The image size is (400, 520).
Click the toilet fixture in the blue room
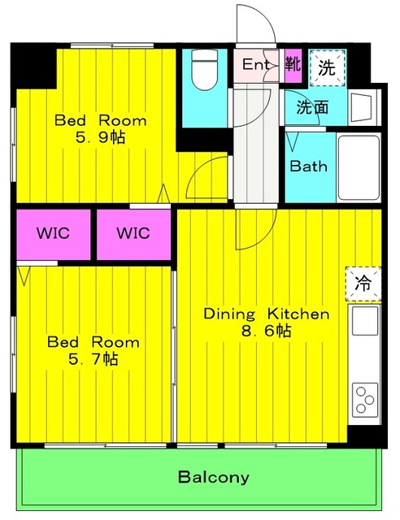tap(205, 70)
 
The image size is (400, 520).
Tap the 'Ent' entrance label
tap(255, 64)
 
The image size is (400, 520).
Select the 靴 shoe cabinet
tap(293, 65)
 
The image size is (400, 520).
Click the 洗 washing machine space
tap(327, 68)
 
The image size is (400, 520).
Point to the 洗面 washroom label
tap(312, 107)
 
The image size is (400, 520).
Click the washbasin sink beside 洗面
tap(361, 107)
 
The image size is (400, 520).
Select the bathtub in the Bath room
tap(359, 168)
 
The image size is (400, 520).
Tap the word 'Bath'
tap(308, 166)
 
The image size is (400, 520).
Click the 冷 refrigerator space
tap(363, 284)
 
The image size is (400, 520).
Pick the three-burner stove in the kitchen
tap(365, 400)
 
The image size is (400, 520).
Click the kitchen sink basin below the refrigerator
tap(365, 321)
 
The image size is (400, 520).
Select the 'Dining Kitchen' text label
tap(266, 314)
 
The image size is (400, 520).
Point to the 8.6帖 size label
tap(266, 331)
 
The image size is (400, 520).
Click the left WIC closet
tap(54, 234)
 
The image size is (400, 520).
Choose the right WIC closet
tap(133, 234)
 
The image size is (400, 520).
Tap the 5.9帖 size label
tap(100, 137)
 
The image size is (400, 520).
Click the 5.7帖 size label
tap(93, 358)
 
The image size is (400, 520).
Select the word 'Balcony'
tap(214, 477)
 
